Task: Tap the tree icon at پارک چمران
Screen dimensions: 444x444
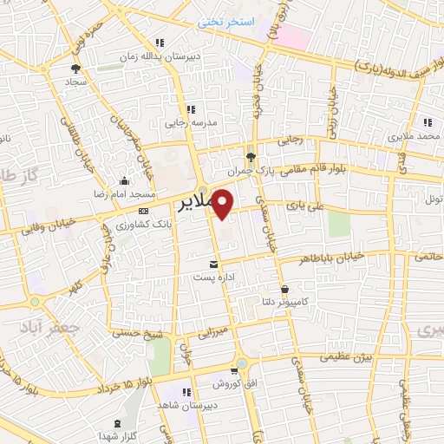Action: (x=251, y=156)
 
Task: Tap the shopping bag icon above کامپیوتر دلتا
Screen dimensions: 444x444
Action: (x=285, y=289)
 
